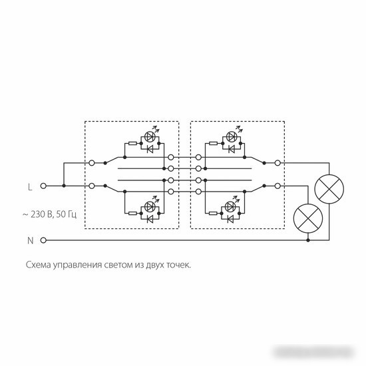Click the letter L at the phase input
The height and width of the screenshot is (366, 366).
point(30,187)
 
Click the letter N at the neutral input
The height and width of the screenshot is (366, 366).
point(31,240)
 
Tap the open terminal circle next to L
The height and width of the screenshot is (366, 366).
point(43,186)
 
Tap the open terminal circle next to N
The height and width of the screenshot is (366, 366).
point(43,240)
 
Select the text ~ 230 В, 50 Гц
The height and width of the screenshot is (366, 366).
point(49,214)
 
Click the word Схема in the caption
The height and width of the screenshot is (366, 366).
point(38,265)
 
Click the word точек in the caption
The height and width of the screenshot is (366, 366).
point(179,265)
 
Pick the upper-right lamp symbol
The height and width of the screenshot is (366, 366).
point(329,189)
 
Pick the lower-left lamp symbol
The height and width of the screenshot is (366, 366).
point(308,218)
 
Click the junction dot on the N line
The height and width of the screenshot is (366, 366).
point(308,240)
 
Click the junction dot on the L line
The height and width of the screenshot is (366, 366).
point(64,186)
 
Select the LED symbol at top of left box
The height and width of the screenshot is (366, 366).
point(149,137)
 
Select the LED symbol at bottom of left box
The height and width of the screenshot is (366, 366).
point(149,206)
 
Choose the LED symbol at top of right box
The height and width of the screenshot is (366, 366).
point(232,137)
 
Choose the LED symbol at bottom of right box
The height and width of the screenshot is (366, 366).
point(231,206)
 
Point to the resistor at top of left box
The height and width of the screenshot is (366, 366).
point(133,143)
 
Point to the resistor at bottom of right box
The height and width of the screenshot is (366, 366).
point(214,213)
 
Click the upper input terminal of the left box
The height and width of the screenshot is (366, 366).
point(92,163)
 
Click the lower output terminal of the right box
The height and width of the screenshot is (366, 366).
point(277,186)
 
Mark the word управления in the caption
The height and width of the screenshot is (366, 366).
point(77,266)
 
